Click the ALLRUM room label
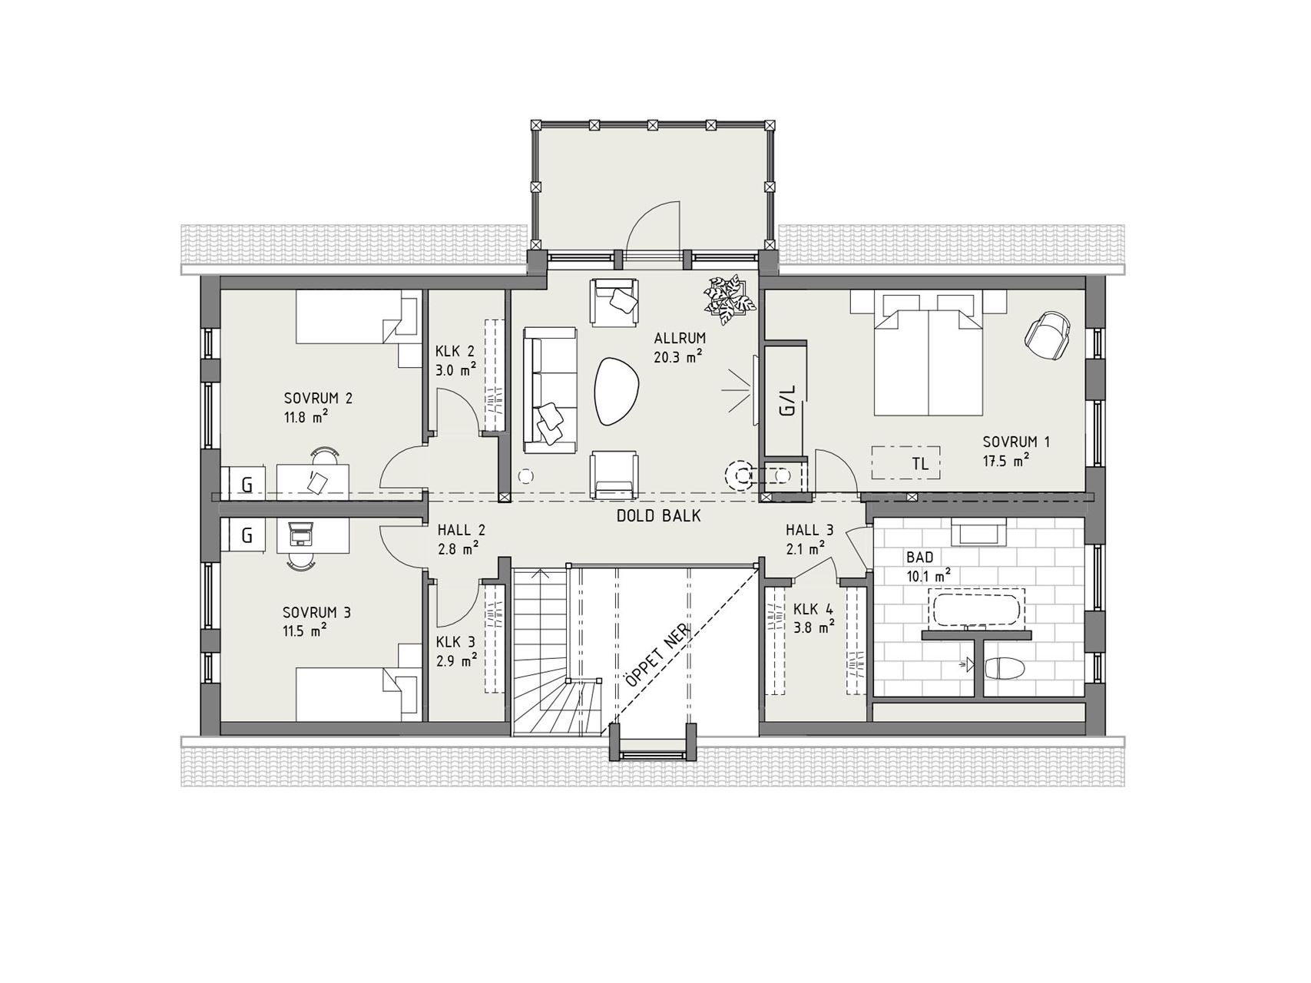[x=680, y=338]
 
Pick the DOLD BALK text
[x=659, y=516]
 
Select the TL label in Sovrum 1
[x=920, y=464]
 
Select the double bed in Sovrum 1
[x=930, y=352]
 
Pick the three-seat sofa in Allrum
[x=550, y=389]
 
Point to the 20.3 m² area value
[x=679, y=356]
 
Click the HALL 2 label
[x=462, y=530]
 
